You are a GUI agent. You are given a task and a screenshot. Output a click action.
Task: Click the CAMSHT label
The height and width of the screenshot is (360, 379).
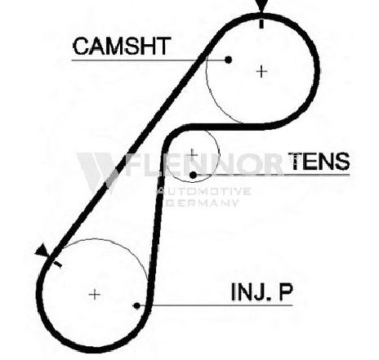pyautogui.click(x=122, y=47)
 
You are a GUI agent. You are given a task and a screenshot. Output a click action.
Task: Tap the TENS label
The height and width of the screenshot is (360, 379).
pyautogui.click(x=319, y=161)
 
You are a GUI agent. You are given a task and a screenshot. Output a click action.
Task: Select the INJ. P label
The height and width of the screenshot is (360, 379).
pyautogui.click(x=261, y=292)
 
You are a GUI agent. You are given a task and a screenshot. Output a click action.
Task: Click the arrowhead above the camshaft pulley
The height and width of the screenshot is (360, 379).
pyautogui.click(x=261, y=6)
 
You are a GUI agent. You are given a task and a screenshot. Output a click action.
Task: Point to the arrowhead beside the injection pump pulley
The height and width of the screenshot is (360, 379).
pyautogui.click(x=42, y=250)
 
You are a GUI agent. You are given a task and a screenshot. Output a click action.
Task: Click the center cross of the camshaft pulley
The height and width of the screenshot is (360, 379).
pyautogui.click(x=261, y=72)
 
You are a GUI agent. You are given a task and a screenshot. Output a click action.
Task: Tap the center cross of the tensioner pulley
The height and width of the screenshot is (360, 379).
pyautogui.click(x=193, y=155)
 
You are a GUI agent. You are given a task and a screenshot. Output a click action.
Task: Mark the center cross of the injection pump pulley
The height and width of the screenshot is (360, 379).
pyautogui.click(x=95, y=295)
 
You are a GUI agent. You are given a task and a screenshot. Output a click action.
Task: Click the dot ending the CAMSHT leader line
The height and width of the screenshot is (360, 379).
pyautogui.click(x=228, y=60)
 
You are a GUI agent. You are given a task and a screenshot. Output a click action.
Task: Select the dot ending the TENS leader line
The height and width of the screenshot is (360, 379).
pyautogui.click(x=193, y=176)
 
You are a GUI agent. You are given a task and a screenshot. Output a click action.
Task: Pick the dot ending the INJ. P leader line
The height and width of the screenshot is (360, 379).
pyautogui.click(x=137, y=306)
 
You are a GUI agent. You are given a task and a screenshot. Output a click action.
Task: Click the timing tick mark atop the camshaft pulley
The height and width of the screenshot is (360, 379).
pyautogui.click(x=261, y=24)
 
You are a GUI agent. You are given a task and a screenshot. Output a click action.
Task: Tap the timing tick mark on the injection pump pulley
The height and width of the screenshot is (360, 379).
pyautogui.click(x=58, y=264)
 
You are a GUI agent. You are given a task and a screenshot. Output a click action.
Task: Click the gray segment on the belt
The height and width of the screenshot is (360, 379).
pyautogui.click(x=112, y=179)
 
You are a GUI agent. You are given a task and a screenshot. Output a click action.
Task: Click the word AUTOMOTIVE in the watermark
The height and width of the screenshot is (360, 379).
pyautogui.click(x=203, y=191)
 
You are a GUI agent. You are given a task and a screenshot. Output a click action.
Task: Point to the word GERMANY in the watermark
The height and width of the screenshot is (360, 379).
pyautogui.click(x=202, y=202)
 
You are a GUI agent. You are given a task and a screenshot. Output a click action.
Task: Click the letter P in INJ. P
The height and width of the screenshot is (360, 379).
pyautogui.click(x=285, y=292)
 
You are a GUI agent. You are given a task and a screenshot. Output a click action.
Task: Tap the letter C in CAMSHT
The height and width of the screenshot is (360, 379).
pyautogui.click(x=81, y=47)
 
